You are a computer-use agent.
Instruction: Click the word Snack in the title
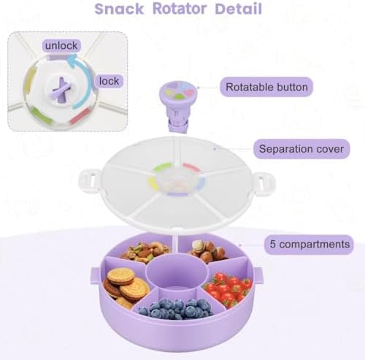tap(119, 9)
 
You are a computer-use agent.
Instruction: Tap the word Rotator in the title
tap(180, 9)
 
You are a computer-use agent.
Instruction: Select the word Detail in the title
tap(239, 9)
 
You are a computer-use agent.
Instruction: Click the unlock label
tap(61, 45)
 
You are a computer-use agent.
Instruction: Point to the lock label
tap(109, 81)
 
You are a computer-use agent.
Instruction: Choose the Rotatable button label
tap(266, 87)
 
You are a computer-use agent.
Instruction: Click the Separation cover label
tap(301, 149)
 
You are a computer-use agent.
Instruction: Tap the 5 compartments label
tap(309, 244)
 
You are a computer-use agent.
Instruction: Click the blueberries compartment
tap(174, 307)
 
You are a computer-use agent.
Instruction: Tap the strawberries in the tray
tap(228, 288)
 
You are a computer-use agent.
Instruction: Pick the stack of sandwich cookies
tap(126, 287)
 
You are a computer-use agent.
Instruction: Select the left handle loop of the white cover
tap(89, 181)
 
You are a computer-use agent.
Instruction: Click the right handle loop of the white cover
tap(264, 182)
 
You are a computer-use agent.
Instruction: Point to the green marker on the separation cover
tap(163, 167)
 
